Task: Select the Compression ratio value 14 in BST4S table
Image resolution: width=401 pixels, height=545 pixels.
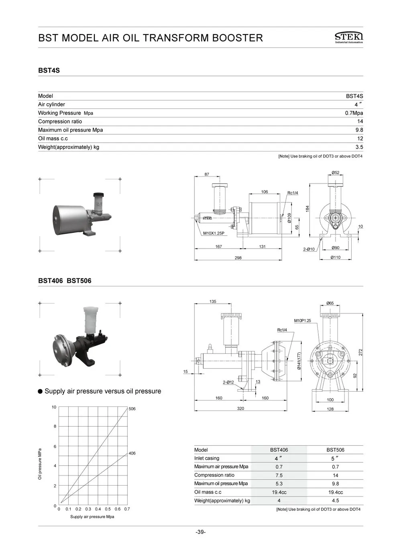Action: (x=360, y=121)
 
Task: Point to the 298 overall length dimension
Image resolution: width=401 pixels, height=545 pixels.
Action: (x=238, y=258)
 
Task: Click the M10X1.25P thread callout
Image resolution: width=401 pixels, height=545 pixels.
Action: (x=214, y=233)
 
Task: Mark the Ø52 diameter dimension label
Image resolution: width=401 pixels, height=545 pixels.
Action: (x=335, y=173)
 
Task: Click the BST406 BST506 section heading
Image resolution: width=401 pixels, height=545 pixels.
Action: (x=65, y=281)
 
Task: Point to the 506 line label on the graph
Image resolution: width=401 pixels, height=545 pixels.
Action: (x=132, y=409)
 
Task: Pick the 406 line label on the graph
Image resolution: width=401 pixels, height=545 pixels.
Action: (x=132, y=453)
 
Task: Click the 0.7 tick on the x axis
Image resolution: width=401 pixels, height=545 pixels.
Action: (x=127, y=509)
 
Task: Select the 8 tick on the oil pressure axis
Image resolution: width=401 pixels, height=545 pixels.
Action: (x=55, y=427)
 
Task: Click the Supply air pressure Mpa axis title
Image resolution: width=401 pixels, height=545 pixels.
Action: (x=92, y=516)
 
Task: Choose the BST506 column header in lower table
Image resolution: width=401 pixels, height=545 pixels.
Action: (x=335, y=450)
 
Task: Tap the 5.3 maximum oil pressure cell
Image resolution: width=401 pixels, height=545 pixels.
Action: (x=279, y=484)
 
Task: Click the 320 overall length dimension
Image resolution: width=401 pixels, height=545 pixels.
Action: (x=240, y=408)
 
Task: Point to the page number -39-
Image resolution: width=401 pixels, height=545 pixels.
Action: (x=200, y=532)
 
